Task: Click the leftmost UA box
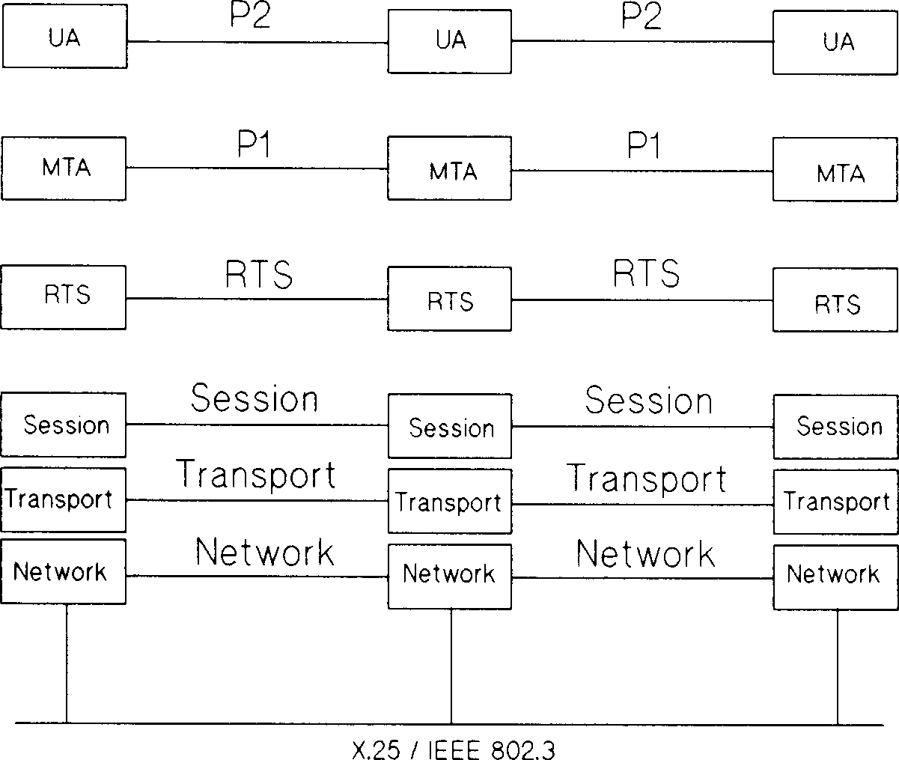coord(64,38)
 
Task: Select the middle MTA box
coord(449,168)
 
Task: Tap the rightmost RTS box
coord(835,300)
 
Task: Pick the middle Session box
coord(449,426)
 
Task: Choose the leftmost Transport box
coord(63,498)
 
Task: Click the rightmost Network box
coord(835,575)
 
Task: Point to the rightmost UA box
coord(835,42)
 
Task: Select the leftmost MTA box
coord(64,168)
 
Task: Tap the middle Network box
coord(449,575)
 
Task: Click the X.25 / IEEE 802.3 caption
coord(453,749)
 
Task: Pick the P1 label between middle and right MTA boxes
coord(644,147)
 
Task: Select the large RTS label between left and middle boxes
coord(258,276)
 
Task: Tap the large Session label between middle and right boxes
coord(648,401)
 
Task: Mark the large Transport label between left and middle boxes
coord(255,474)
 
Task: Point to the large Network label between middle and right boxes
coord(645,554)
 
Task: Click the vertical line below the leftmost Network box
coord(67,663)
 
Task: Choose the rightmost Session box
coord(835,426)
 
